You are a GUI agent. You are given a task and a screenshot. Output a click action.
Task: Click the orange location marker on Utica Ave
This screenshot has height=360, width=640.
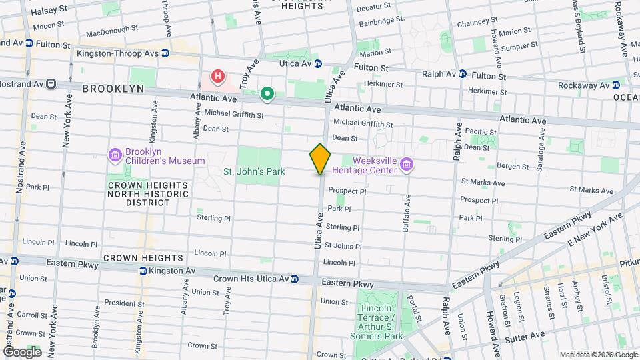320,159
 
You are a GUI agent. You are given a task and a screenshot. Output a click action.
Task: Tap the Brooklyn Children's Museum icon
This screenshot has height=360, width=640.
116,155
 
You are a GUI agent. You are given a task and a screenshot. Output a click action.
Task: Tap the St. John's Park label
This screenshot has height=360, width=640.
253,171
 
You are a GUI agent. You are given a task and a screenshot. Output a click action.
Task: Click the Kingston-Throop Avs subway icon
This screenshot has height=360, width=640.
165,53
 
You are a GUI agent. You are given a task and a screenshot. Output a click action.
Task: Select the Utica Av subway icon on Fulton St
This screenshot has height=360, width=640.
318,64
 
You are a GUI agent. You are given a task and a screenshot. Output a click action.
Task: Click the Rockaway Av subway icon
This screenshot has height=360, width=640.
616,85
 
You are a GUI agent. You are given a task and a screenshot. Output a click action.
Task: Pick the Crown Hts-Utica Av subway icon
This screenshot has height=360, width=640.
294,278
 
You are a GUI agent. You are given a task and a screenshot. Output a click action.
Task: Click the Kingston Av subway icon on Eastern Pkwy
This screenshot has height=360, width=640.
143,271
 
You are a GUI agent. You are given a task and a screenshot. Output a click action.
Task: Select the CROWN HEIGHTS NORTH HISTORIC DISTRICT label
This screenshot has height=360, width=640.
147,193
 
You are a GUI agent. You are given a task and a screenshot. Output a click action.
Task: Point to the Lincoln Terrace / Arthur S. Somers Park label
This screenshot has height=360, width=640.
381,322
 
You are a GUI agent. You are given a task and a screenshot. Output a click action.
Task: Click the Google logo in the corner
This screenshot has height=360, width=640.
21,352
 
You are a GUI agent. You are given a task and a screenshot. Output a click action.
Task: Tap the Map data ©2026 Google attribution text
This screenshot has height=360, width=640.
598,355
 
